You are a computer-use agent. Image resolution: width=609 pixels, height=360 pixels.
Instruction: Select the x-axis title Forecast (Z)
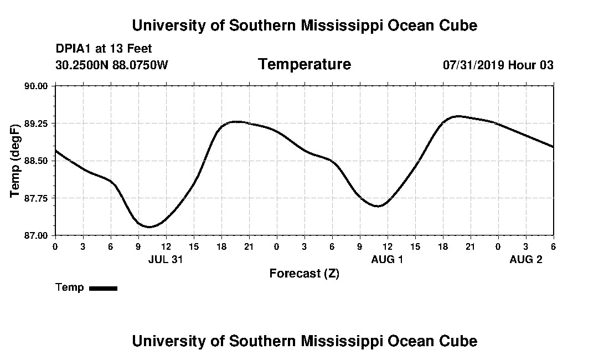(x=304, y=274)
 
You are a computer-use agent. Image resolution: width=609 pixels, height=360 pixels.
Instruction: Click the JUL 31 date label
(x=166, y=259)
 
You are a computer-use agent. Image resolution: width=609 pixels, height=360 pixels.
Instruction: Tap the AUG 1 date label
(x=387, y=259)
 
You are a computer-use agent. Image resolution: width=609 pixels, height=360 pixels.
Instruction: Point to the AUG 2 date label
(x=525, y=259)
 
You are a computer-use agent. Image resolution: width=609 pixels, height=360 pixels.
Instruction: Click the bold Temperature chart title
(x=304, y=64)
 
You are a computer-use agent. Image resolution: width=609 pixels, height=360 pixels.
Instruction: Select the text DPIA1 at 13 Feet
(x=104, y=49)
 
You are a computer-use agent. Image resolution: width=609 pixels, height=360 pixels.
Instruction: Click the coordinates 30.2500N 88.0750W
(x=111, y=65)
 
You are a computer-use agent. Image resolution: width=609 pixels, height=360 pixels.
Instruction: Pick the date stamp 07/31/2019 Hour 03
(x=498, y=65)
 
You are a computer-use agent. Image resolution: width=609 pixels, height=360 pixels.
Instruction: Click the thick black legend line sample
(x=103, y=288)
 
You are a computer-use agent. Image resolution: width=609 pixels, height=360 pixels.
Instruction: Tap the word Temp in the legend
(x=70, y=287)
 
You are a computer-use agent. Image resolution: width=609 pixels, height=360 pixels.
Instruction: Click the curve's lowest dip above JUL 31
(x=148, y=227)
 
